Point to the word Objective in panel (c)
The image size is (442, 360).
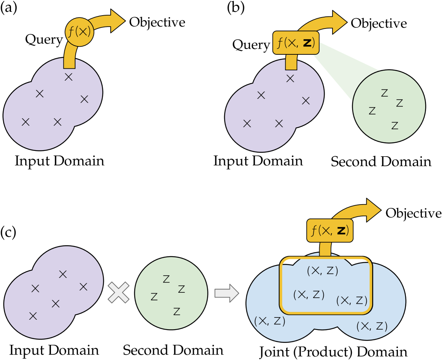[x=413, y=213]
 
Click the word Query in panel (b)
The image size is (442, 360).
[x=251, y=45]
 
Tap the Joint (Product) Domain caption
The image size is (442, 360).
[x=329, y=351]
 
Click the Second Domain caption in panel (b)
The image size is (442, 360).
[x=381, y=162]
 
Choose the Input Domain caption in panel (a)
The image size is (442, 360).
[x=59, y=161]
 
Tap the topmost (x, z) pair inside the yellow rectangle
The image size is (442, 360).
[x=322, y=271]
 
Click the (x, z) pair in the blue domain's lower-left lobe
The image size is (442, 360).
[x=269, y=321]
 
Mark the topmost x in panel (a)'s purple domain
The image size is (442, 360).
[x=68, y=77]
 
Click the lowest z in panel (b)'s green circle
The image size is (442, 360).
[x=395, y=125]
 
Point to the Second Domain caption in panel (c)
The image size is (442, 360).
[x=173, y=350]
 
